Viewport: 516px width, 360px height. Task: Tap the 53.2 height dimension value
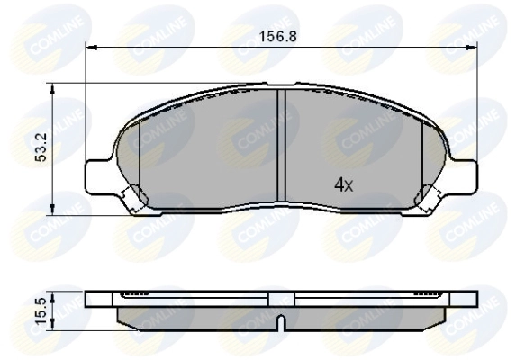tap(41, 144)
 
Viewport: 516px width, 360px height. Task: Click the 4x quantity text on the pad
tap(344, 185)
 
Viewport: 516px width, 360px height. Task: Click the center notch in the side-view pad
tap(281, 321)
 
